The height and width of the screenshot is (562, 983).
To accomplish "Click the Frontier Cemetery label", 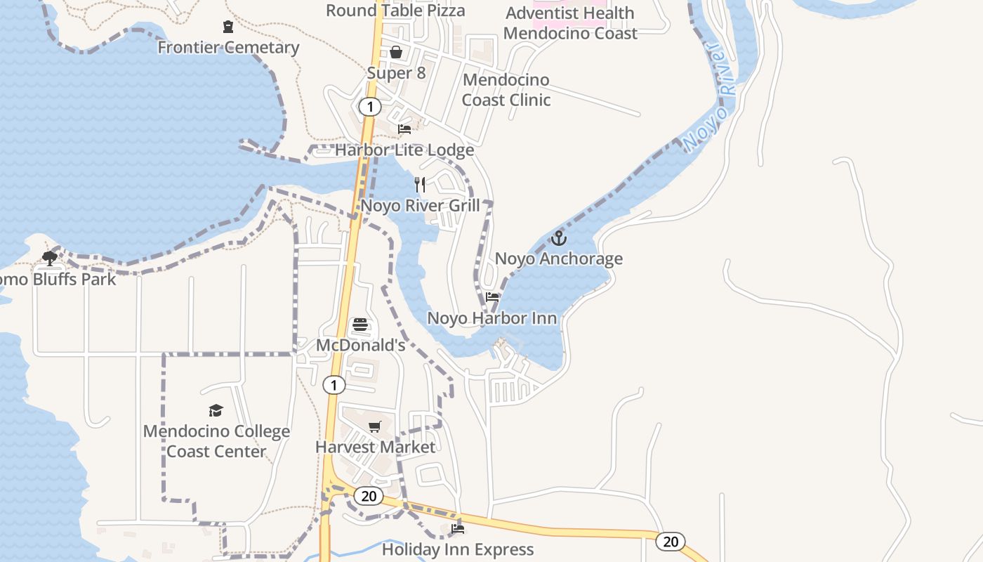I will coord(228,48).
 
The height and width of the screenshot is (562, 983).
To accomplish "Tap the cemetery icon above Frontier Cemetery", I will coord(228,27).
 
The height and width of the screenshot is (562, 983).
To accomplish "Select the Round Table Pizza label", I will coord(395,11).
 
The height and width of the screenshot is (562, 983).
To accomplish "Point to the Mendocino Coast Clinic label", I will coord(506,90).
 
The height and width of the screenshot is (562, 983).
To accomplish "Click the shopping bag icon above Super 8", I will coord(396,52).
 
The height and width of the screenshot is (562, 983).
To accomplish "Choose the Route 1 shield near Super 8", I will coord(369,107).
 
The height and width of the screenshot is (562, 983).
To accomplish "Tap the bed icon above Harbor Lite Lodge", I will coord(404,129).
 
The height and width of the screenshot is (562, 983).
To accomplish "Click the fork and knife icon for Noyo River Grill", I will coord(420,185).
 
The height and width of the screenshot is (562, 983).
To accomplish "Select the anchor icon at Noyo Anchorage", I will coord(558,238).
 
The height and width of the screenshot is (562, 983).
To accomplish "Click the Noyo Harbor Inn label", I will coord(492,318).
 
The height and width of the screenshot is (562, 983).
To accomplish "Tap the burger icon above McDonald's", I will coord(360,325).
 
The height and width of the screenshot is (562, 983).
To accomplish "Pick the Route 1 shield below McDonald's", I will coord(334,385).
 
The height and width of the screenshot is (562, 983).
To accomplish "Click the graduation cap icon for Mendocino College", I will coord(216,410).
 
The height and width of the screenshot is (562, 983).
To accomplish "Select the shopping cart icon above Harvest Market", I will coord(375,426).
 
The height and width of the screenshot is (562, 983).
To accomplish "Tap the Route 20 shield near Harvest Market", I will coord(369,496).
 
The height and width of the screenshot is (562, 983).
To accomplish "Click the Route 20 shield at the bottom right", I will coord(671,542).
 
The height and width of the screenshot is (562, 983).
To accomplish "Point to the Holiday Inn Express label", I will coord(458,549).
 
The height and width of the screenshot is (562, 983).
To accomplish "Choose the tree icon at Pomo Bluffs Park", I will coord(49,259).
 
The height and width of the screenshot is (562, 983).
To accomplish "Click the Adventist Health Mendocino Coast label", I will coord(570,23).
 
